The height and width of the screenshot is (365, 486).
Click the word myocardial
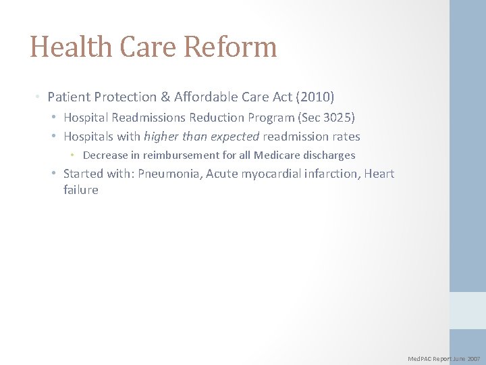pyautogui.click(x=269, y=174)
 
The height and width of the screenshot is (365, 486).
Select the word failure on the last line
pyautogui.click(x=80, y=190)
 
